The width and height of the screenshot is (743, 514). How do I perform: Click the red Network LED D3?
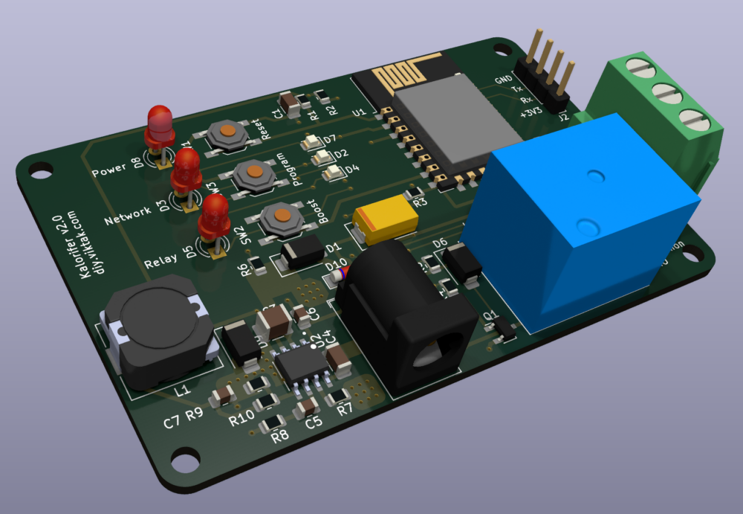pos(185,170)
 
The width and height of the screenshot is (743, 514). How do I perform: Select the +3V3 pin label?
pos(531,113)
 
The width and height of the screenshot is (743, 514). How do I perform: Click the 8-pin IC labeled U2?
pos(301,365)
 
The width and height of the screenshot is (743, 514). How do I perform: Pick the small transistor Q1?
pos(502,328)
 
